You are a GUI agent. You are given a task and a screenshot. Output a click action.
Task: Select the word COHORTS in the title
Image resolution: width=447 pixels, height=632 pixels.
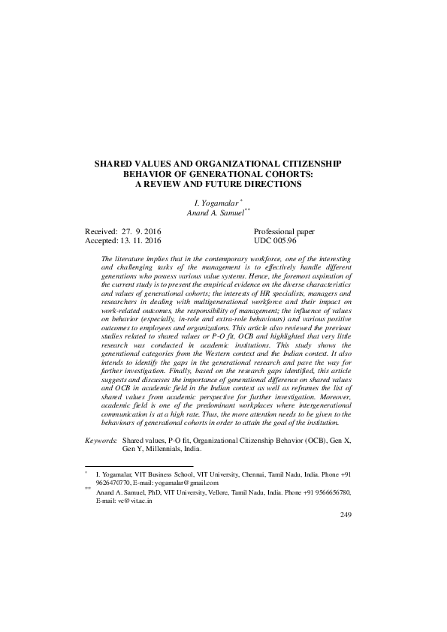[x=286, y=173]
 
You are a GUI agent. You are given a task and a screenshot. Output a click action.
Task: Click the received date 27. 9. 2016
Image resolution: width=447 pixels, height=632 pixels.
[x=137, y=232]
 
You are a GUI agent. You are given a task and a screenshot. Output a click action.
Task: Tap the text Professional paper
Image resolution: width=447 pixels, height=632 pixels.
[x=285, y=232]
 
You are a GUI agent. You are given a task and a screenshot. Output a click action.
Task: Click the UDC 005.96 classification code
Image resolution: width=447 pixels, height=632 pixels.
[x=276, y=242]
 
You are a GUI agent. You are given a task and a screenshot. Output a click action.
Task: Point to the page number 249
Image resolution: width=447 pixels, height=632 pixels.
[x=346, y=514]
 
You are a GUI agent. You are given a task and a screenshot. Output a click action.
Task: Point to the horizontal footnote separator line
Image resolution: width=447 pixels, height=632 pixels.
[x=140, y=465]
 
